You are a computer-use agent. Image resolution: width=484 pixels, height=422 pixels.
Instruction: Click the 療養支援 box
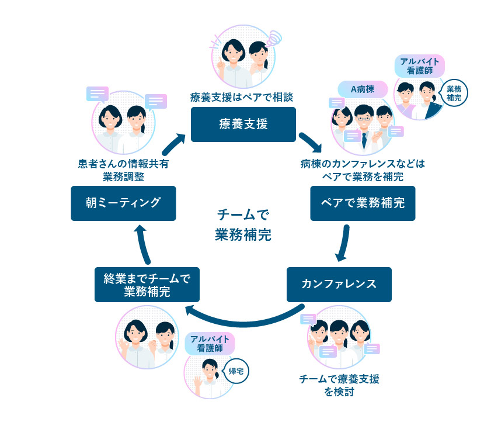click(x=243, y=124)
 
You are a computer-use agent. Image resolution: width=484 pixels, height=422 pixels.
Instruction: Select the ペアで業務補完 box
click(x=363, y=203)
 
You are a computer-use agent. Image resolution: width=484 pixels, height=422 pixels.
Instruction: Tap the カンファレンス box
click(x=339, y=284)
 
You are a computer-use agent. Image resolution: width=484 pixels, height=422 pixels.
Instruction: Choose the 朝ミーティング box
click(x=123, y=203)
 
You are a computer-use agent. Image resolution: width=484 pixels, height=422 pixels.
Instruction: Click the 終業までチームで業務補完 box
click(x=147, y=285)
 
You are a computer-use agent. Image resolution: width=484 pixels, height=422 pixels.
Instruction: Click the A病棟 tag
click(x=362, y=89)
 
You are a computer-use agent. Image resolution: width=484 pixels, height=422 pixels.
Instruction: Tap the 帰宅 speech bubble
click(x=235, y=371)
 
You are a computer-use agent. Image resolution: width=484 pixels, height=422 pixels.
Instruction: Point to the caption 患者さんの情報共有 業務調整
click(x=123, y=170)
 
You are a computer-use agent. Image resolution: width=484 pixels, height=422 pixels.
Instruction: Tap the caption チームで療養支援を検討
click(x=339, y=385)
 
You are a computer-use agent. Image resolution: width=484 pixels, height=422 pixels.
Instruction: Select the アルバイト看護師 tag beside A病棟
click(x=420, y=65)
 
